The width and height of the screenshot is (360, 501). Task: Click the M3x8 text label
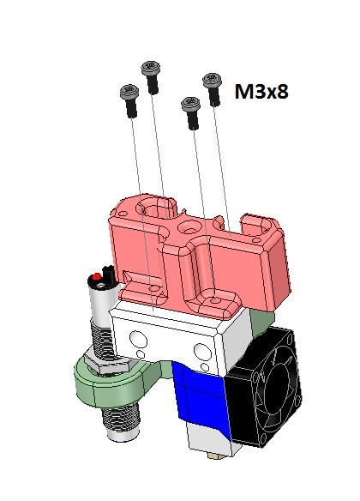tap(261, 92)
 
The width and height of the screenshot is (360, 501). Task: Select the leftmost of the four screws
tap(129, 100)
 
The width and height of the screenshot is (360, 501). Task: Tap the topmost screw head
tap(151, 67)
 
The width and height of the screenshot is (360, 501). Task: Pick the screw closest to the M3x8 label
tap(213, 89)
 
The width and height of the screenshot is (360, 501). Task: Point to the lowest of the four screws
tap(191, 113)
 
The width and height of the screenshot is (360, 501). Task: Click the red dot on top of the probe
tap(96, 275)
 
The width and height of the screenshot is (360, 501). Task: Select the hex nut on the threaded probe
tap(106, 365)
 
